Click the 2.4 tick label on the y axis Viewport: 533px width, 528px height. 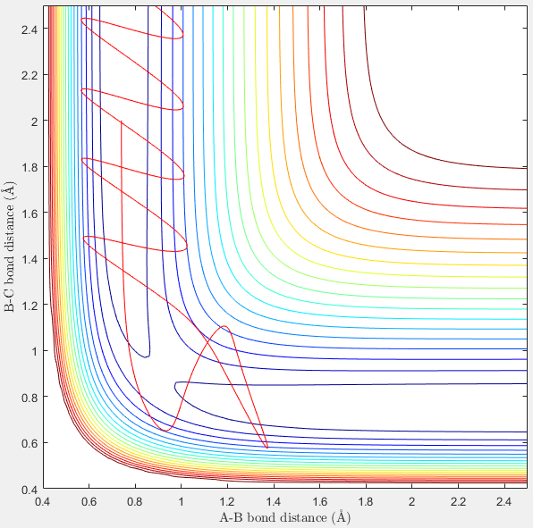(29, 29)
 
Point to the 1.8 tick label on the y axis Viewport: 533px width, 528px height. (30, 167)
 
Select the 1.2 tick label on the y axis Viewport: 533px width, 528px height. (30, 306)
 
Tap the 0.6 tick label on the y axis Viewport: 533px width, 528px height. (30, 443)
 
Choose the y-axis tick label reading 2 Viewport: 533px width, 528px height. (34, 122)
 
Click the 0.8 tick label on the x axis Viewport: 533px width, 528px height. (135, 501)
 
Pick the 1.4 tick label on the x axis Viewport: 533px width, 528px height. (273, 501)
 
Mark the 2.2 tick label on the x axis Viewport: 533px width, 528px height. (458, 501)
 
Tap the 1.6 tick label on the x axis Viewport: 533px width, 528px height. (319, 501)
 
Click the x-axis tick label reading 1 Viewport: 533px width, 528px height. (182, 501)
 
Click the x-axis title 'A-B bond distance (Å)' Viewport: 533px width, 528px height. (285, 517)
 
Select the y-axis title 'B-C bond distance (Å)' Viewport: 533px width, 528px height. (9, 247)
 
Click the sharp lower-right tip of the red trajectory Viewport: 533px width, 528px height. (267, 448)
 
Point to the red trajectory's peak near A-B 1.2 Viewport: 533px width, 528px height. (224, 326)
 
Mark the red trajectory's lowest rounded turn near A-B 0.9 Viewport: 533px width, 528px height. (165, 431)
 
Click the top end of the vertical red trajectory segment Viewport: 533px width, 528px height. (122, 121)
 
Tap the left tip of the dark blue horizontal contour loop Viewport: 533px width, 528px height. (174, 386)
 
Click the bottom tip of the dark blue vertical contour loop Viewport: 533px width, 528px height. (146, 356)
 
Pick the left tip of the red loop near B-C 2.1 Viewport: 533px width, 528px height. (81, 90)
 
